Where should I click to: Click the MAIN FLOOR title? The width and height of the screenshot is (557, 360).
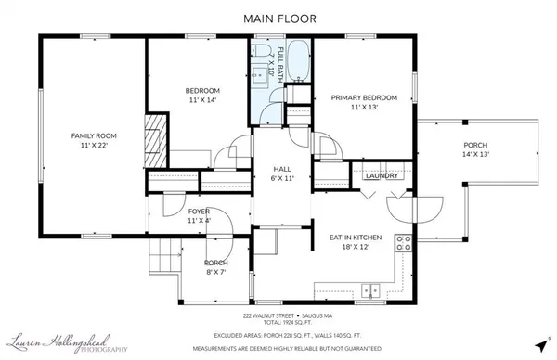pyautogui.click(x=278, y=18)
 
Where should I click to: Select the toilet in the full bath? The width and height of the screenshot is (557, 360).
pyautogui.click(x=263, y=52)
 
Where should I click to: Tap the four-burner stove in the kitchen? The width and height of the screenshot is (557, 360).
pyautogui.click(x=403, y=244)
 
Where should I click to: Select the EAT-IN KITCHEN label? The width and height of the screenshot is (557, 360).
pyautogui.click(x=357, y=238)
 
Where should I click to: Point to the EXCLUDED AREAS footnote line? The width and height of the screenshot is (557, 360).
pyautogui.click(x=278, y=336)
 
